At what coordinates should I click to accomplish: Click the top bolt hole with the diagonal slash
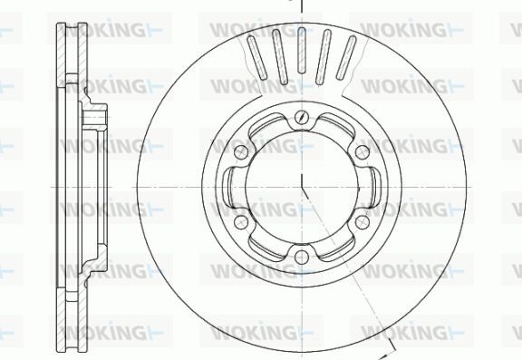coord(302,117)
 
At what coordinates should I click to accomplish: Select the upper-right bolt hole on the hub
coord(362,152)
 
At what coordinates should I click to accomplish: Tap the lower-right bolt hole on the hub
coord(362,222)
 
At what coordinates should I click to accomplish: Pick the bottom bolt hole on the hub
coord(302,257)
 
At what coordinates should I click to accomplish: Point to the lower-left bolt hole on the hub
coord(241,222)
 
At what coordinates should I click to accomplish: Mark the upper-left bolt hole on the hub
coord(241,152)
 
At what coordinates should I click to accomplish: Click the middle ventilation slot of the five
coord(302,50)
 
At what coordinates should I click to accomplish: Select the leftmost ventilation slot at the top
coord(257,58)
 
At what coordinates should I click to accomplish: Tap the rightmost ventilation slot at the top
coord(346,58)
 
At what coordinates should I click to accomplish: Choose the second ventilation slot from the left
coord(279,56)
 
